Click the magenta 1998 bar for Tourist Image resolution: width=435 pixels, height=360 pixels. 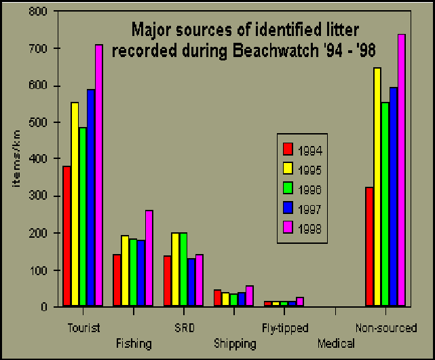99,175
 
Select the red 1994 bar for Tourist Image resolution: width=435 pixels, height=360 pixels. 67,236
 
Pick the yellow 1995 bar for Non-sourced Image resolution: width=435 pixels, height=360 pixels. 377,187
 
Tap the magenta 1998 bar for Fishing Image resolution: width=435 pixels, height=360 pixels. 149,258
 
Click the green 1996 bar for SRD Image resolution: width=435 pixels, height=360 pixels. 183,270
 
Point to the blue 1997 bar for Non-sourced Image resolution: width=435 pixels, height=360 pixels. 394,197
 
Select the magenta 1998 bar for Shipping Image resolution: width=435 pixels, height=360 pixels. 250,296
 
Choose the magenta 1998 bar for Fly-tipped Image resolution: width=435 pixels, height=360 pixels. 300,302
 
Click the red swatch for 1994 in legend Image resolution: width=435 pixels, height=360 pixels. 288,149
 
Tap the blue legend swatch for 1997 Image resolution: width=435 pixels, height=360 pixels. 288,208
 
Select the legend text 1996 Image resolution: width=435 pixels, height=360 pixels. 310,190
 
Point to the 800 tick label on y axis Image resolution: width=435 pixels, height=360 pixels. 38,12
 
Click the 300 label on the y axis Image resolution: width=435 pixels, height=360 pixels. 38,196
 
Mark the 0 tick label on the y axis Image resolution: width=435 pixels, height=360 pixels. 44,307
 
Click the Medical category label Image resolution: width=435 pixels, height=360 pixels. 336,344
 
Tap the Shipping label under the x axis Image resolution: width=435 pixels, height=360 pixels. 235,344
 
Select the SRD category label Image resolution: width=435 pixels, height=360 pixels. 185,328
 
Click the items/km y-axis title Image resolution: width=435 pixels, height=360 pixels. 16,158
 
